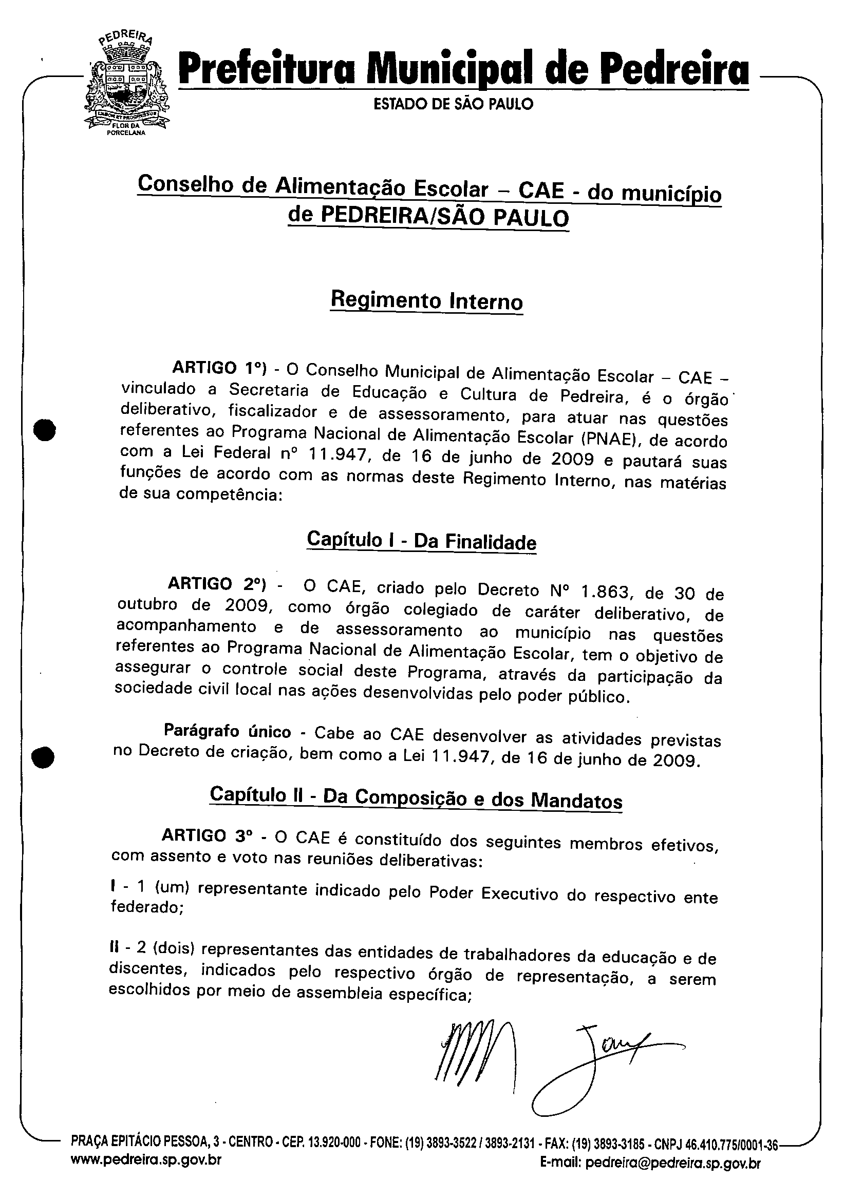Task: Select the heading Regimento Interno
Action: (426, 301)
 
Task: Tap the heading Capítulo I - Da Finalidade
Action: (421, 540)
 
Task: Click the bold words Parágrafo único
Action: (227, 730)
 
